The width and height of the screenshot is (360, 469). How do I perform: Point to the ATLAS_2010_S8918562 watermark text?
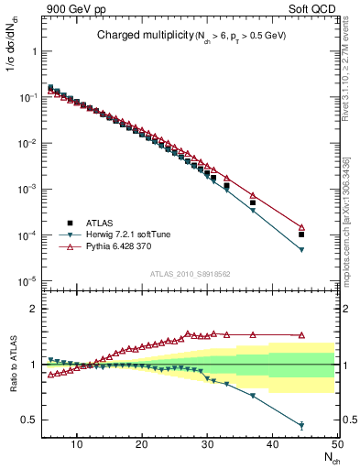click(190, 274)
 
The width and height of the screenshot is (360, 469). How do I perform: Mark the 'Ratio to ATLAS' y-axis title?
click(12, 364)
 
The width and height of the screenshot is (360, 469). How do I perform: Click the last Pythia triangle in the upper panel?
click(301, 227)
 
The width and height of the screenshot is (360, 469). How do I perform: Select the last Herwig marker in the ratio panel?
click(301, 425)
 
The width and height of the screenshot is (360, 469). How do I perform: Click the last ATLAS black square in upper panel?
click(301, 234)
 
